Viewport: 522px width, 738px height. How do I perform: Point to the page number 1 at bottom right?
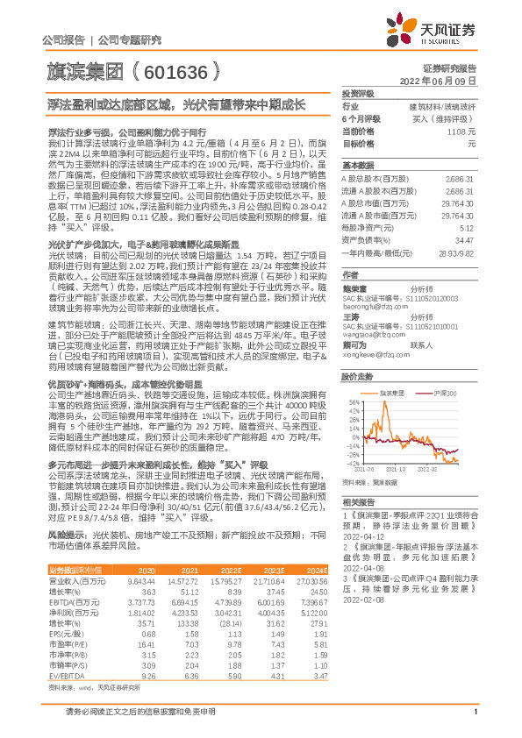tap(475, 721)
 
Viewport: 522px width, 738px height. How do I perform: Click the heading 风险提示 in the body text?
tap(65, 534)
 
